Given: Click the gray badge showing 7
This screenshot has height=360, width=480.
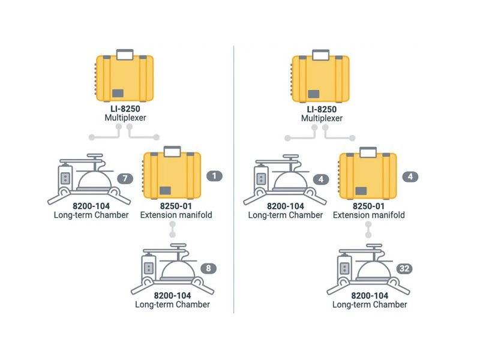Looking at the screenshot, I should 124,178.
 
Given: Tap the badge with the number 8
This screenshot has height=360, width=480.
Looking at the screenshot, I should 208,269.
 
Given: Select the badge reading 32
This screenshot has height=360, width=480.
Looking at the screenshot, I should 404,269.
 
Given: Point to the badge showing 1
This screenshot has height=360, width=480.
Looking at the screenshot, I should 214,176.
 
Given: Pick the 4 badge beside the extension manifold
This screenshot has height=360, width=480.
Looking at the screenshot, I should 409,177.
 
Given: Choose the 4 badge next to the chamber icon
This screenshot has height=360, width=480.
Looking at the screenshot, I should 321,179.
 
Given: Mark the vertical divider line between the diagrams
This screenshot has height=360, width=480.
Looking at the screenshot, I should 234,180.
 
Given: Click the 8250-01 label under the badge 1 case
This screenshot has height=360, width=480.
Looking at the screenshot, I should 172,206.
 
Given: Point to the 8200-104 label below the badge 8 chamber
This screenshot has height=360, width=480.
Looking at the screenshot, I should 172,296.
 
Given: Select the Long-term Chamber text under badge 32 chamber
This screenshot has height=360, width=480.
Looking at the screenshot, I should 369,305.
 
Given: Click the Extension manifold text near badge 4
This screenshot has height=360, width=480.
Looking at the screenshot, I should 368,215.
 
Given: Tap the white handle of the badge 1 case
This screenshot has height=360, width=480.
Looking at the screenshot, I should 172,150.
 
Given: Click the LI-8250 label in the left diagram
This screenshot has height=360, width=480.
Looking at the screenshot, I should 125,109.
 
